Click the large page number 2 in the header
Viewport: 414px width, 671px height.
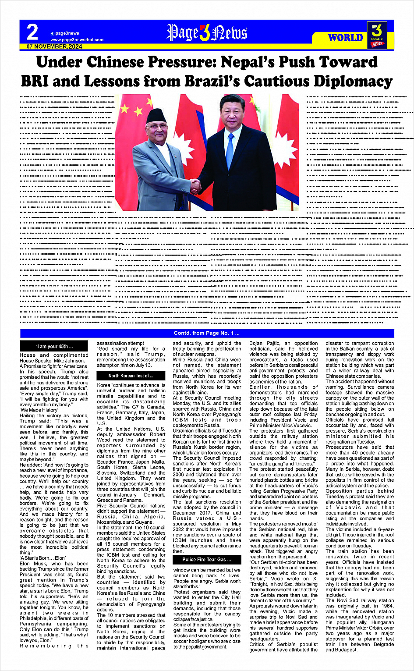pos(32,32)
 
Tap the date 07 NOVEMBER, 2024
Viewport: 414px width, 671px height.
pos(54,46)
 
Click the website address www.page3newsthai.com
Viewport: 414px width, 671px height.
pos(77,40)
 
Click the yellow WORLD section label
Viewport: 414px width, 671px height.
pos(346,38)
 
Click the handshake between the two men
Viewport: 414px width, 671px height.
pos(196,186)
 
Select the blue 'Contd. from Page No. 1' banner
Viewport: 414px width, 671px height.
pos(207,334)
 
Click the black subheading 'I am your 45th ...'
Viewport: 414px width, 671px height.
pos(54,346)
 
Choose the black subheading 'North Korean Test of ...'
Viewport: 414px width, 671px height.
pos(131,376)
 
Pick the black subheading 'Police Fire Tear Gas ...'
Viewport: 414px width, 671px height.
pos(207,560)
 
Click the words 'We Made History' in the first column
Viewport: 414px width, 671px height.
pos(39,410)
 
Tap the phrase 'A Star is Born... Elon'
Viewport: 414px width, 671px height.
pos(42,558)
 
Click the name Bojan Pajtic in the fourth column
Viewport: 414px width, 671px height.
pos(264,344)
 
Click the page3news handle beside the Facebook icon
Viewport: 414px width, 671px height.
pos(67,33)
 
